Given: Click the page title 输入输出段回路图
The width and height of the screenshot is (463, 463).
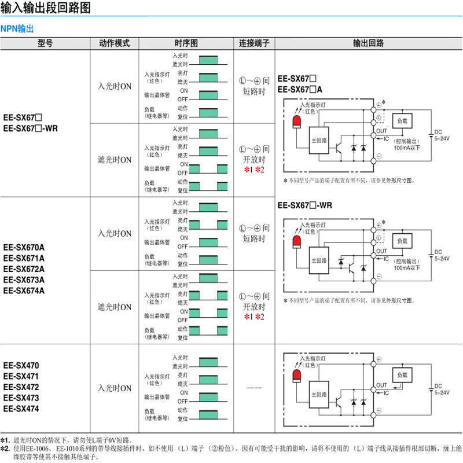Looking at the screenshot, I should pos(46,9).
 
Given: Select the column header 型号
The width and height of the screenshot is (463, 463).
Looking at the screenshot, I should pos(45,43).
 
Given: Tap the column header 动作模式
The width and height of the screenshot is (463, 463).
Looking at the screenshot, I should pos(115,43).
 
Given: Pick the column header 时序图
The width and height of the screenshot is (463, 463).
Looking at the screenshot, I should pos(186,43).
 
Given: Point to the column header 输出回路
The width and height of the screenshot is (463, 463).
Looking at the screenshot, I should pos(369,43).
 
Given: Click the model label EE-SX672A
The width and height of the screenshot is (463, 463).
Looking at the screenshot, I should pos(24,269).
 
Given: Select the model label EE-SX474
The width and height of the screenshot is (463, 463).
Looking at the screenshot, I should pos(21,409).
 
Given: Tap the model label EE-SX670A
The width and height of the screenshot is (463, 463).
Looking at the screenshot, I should pos(24,247).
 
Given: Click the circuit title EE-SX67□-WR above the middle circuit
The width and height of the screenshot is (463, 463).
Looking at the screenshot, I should pos(305,205).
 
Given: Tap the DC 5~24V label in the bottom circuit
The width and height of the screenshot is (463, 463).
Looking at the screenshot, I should pos(442,389).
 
